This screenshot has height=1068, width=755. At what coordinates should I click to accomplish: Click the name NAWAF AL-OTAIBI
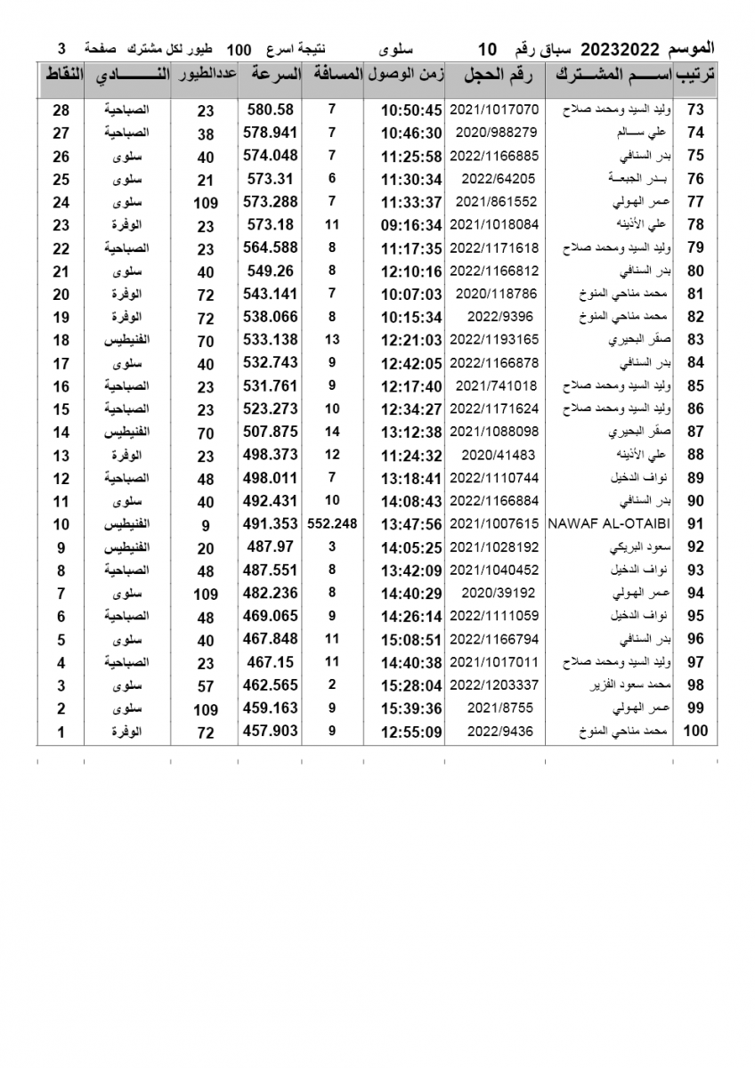(x=603, y=524)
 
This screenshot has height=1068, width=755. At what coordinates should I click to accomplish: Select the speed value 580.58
(x=271, y=110)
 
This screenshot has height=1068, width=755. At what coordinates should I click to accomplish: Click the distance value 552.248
(x=332, y=524)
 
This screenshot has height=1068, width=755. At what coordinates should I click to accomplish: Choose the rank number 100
(x=694, y=732)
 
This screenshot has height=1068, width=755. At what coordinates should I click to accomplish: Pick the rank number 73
(x=696, y=110)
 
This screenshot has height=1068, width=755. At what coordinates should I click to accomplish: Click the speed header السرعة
(x=271, y=76)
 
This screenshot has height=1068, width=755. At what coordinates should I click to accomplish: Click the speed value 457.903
(x=271, y=732)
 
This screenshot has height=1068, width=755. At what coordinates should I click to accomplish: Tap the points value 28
(x=61, y=110)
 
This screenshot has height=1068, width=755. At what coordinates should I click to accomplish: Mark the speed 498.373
(x=271, y=455)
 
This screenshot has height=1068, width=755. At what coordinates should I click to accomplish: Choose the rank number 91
(x=696, y=524)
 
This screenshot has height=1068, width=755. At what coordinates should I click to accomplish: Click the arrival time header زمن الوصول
(x=405, y=76)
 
